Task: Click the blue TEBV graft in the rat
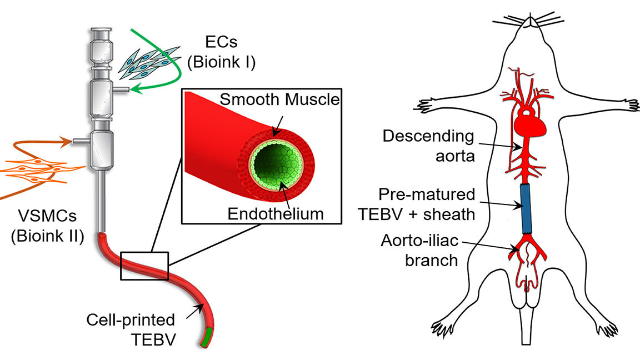click(x=526, y=209)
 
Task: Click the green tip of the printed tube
click(x=207, y=337)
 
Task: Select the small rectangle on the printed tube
click(x=144, y=265)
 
